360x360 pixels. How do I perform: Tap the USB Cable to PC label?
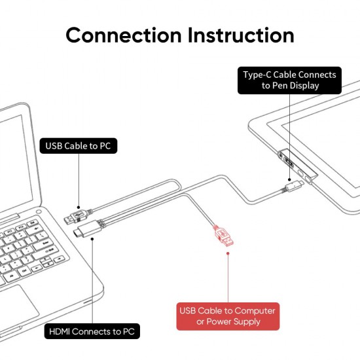(x=79, y=146)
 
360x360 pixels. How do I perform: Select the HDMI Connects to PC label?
(x=92, y=332)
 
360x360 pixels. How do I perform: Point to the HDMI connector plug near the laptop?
(x=86, y=230)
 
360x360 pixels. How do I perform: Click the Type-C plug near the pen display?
(x=292, y=187)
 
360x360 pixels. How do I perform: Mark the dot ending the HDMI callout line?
(x=92, y=239)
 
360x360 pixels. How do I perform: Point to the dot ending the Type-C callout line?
(x=289, y=177)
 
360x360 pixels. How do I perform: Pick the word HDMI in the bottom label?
(x=63, y=332)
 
